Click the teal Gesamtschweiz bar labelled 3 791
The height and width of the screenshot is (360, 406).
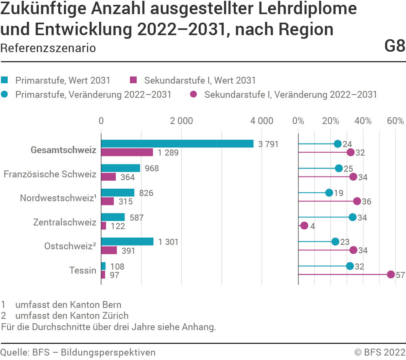177,144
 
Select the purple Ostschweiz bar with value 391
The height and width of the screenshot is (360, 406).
109,251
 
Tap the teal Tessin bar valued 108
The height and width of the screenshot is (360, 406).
103,266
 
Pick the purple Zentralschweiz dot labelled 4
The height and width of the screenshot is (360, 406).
304,226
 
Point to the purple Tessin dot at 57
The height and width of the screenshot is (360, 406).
391,275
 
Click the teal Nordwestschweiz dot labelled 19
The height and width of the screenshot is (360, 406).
329,193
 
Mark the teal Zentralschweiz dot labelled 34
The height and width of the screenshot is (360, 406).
353,217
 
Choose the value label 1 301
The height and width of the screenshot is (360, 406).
169,242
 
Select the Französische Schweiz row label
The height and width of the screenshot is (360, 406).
50,175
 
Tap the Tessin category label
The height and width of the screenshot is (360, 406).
82,270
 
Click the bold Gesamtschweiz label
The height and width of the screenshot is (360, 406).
63,150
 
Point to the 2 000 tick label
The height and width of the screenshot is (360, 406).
181,120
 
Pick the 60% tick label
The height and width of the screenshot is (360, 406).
395,120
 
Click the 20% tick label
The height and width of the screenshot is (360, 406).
330,120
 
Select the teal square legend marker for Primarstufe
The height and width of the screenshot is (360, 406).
5,80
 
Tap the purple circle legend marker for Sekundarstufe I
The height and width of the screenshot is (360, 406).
194,95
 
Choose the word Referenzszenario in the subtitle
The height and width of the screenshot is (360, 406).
48,48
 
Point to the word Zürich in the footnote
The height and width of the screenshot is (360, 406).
116,316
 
